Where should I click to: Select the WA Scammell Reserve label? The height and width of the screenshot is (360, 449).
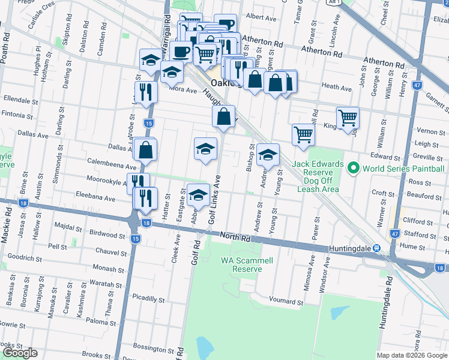(242, 265)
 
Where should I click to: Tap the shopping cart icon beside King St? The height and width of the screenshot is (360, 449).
(348, 118)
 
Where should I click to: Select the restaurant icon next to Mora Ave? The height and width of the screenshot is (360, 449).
(145, 92)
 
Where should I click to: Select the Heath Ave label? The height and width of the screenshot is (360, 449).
(336, 86)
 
